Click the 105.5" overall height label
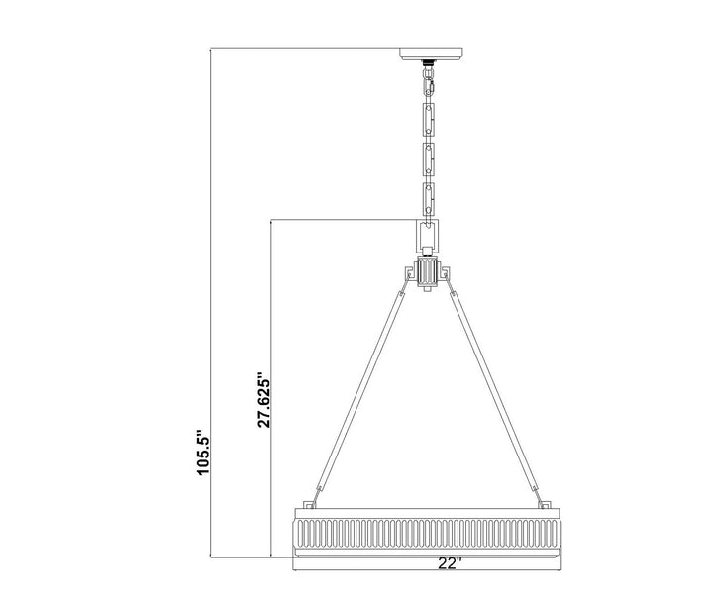(x=202, y=452)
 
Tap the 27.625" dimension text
(x=264, y=400)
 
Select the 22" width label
(x=450, y=563)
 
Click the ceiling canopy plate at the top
(x=431, y=53)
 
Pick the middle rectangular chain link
(x=429, y=159)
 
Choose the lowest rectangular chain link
(x=429, y=198)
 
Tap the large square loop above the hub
(x=428, y=237)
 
